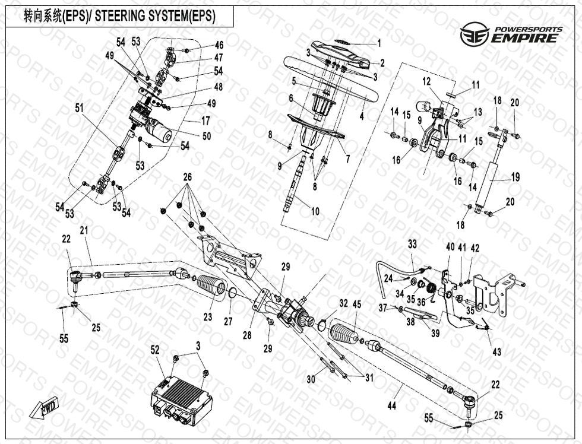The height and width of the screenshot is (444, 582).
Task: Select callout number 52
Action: tap(155, 351)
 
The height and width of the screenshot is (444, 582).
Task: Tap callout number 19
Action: tap(515, 176)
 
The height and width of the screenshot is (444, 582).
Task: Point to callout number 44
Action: tap(391, 405)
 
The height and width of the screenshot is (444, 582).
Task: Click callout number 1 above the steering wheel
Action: tap(379, 43)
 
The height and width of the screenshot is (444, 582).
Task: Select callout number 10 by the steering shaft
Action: tap(315, 211)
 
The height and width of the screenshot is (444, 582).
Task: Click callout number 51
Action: tap(79, 107)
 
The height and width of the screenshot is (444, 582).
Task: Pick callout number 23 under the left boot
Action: tap(207, 317)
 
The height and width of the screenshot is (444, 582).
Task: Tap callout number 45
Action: tap(356, 305)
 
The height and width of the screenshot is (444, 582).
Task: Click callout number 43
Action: tap(496, 351)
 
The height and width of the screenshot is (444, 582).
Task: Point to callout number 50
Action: tap(207, 136)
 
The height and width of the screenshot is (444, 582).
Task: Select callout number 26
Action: tap(188, 177)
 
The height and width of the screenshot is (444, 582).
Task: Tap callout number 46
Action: tap(219, 45)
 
